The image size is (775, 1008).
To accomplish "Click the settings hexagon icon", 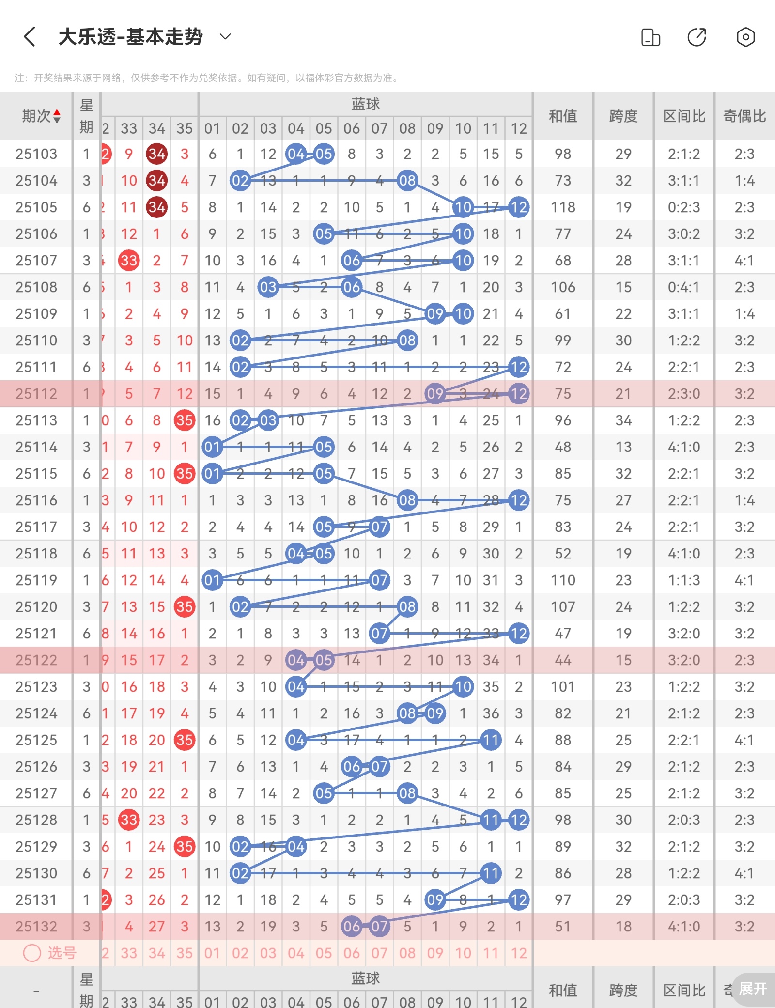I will point(745,37).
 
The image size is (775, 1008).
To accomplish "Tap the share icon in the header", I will point(697,37).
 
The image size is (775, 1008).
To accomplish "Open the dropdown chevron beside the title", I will point(225,36).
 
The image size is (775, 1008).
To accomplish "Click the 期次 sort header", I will point(41,116).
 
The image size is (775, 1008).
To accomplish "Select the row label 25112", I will point(36,394).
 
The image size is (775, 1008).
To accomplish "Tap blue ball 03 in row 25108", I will point(268,287).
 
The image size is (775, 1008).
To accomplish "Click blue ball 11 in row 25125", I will point(491,740).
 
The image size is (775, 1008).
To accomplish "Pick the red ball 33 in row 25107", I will point(129,261).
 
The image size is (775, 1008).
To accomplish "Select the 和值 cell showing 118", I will point(563,207).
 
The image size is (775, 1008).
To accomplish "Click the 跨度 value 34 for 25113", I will point(623,420).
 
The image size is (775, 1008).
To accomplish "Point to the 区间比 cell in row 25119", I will point(684,580).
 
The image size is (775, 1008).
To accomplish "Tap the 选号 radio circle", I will point(32,953).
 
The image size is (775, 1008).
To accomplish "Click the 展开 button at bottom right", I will point(753,989).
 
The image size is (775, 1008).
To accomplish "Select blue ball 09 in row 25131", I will point(435,900).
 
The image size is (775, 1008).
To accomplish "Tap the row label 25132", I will point(36,927).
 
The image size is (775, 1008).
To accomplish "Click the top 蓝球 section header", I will point(366,104).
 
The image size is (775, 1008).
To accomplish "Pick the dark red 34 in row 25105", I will point(157,207).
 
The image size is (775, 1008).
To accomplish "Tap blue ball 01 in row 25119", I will point(212,580).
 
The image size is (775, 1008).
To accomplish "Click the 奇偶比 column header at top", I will point(744,116).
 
